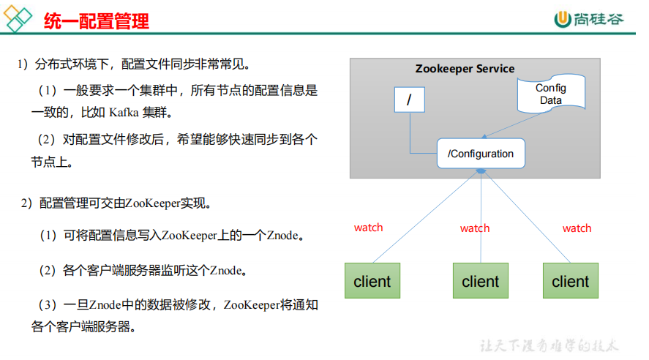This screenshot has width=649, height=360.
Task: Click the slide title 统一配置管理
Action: click(96, 20)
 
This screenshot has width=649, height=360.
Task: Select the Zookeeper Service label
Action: click(465, 69)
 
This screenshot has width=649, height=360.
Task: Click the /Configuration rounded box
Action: click(481, 154)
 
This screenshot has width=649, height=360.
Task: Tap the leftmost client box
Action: click(372, 281)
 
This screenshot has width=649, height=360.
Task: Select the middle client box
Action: click(481, 281)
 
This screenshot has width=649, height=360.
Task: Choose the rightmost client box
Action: click(570, 281)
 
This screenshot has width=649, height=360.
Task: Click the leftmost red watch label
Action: click(368, 228)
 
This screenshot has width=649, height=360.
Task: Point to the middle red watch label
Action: click(475, 228)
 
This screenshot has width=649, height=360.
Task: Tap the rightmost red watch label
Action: click(577, 228)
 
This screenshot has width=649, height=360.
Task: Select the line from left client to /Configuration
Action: click(424, 217)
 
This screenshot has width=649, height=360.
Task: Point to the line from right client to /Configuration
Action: click(525, 216)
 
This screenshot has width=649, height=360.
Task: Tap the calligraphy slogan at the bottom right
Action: click(549, 345)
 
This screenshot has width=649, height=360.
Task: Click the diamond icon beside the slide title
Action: click(18, 20)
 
